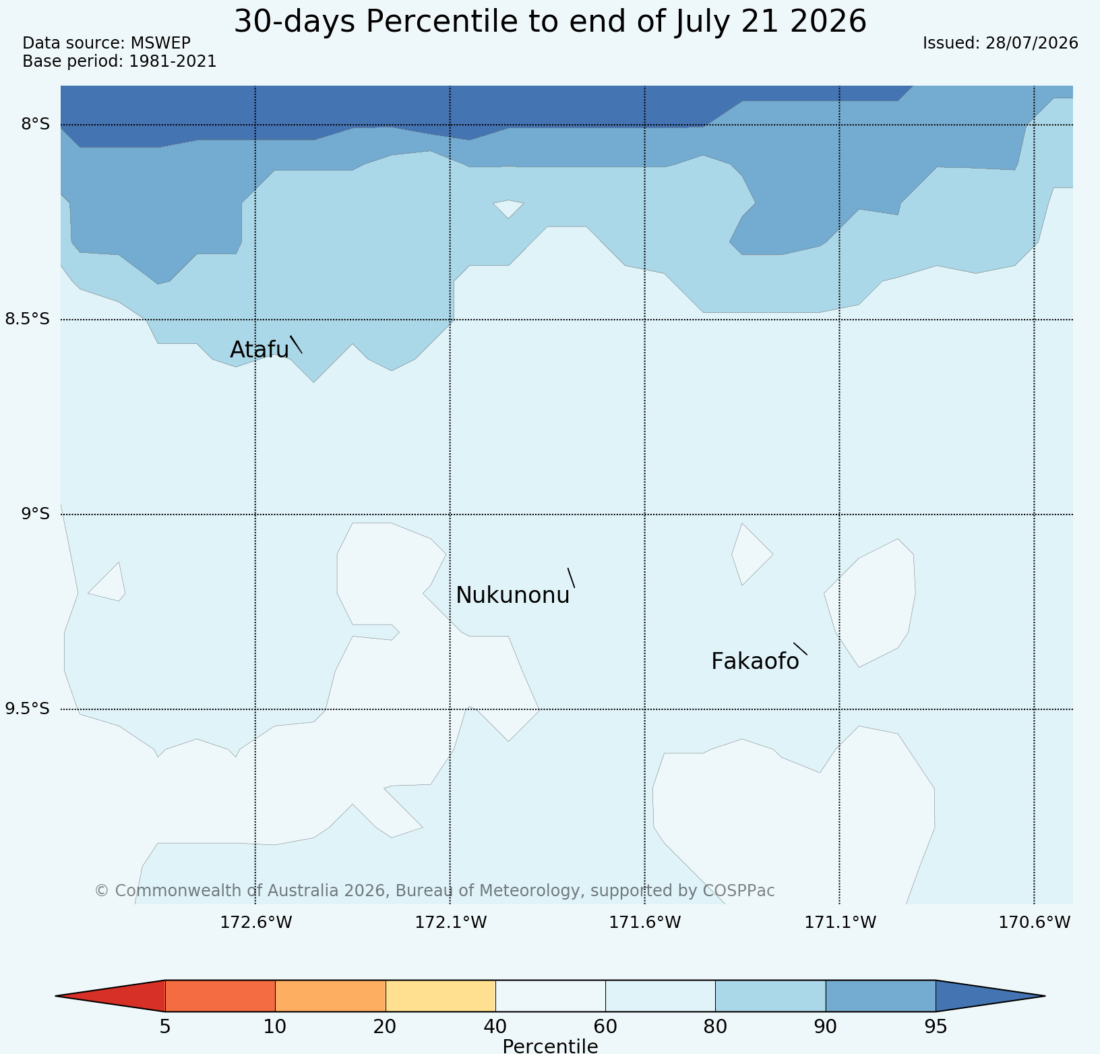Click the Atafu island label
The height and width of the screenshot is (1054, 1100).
259,349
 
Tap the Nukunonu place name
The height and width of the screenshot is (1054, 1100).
513,595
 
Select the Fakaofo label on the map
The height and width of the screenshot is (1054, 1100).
755,662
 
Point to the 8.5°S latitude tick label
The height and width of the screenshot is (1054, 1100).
28,319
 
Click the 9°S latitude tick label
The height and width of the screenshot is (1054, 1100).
36,514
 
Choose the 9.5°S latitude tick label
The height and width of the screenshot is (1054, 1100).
28,709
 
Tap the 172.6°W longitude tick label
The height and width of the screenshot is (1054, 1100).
256,922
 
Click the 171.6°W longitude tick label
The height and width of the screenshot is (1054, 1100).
645,922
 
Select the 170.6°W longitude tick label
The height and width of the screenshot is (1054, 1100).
1035,922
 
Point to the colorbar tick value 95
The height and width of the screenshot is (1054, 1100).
936,1027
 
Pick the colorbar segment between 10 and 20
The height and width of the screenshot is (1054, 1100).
330,996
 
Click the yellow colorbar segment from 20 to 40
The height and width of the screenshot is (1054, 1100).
441,996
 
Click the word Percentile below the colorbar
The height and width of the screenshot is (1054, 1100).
550,1046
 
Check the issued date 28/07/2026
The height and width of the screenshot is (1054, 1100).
1032,43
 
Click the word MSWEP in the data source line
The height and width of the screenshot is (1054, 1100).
160,43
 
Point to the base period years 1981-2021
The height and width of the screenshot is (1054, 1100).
173,61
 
